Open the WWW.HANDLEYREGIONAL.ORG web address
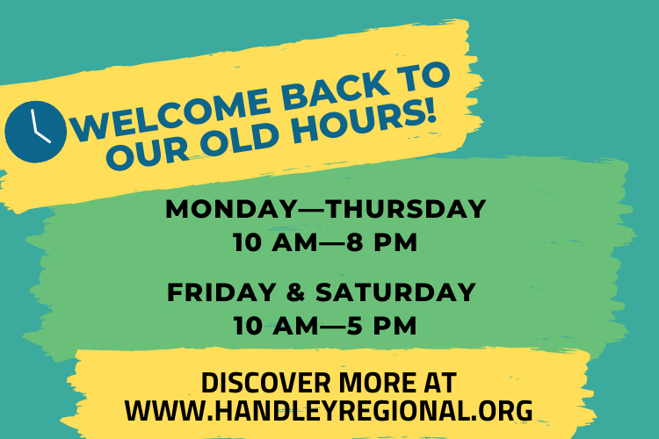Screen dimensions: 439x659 [x=329, y=410]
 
